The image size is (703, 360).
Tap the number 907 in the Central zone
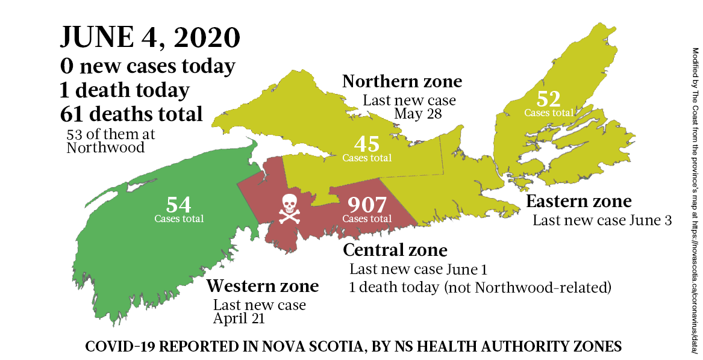367,205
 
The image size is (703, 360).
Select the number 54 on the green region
179,205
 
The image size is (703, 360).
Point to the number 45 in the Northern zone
367,144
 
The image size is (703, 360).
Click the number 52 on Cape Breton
548,99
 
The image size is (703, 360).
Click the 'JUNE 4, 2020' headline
149,38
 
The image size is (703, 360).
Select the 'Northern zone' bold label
402,81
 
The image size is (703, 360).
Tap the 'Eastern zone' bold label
578,201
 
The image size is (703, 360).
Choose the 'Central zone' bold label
395,249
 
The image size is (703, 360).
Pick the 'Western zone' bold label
263,285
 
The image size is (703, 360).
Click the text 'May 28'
418,114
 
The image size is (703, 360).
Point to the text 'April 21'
239,318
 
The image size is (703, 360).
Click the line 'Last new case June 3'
602,220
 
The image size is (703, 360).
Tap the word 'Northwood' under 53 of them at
105,147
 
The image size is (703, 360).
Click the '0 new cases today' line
148,66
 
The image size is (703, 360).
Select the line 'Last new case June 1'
417,269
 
